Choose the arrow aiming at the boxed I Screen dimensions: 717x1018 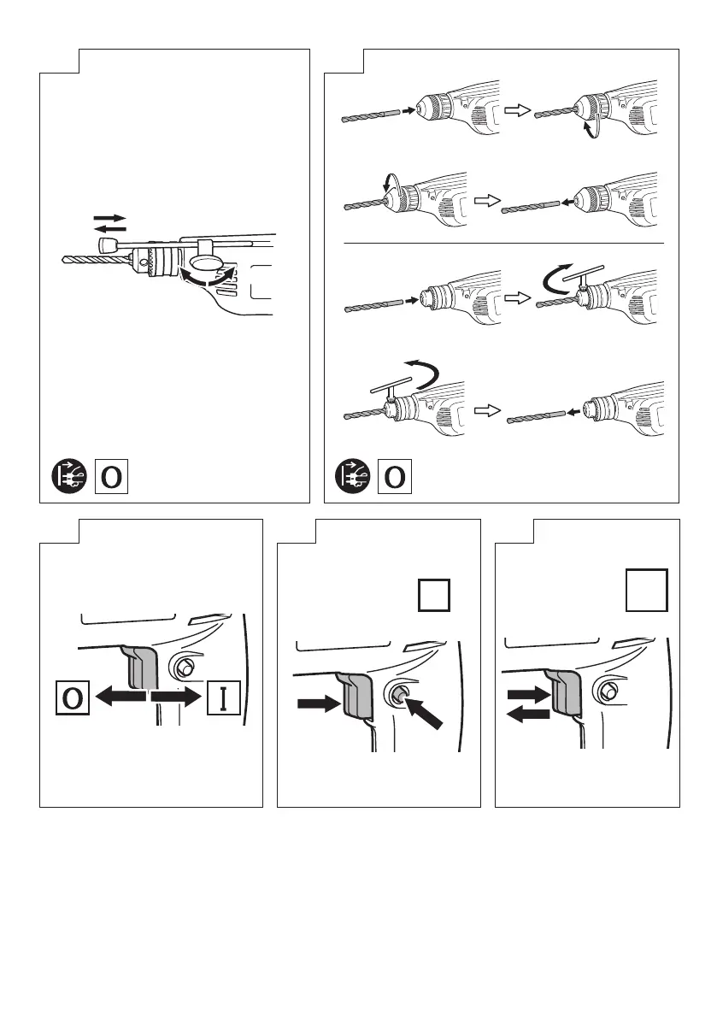[x=178, y=697]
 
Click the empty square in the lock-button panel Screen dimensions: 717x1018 [x=433, y=595]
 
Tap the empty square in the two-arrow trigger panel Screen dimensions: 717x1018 [x=645, y=591]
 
